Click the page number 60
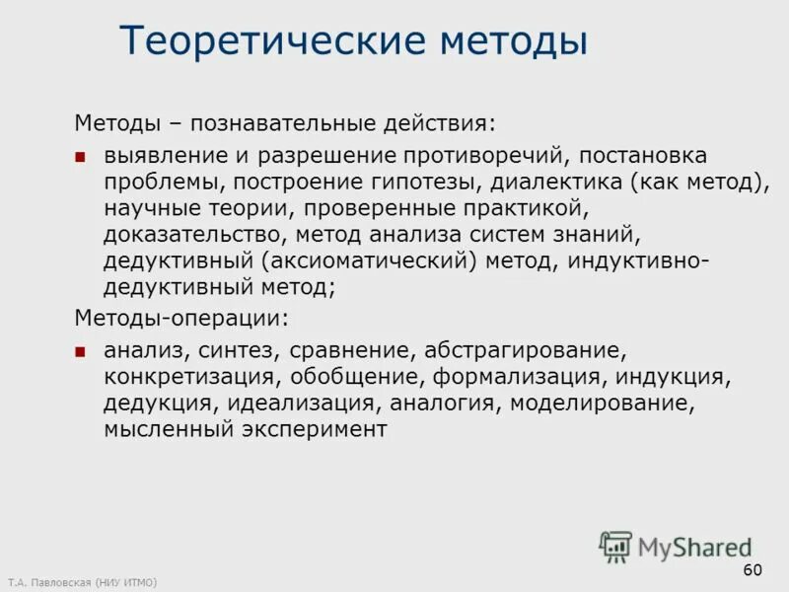(753, 569)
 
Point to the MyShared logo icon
(616, 546)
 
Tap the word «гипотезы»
(451, 183)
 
